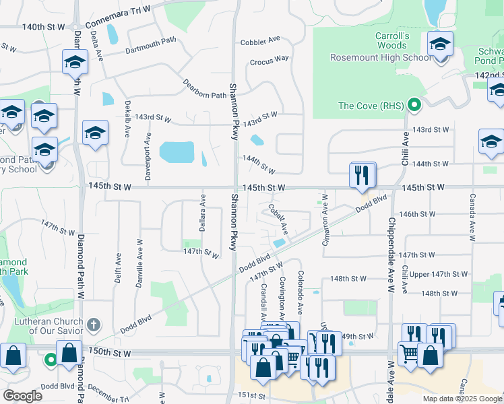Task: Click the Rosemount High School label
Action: [380, 57]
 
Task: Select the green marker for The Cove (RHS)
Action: [415, 105]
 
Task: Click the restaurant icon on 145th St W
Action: [362, 176]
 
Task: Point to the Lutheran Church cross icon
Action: [94, 325]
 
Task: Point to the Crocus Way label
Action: [269, 60]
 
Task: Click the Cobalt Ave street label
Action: [278, 219]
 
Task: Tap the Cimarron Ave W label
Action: [325, 220]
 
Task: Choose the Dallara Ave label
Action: [201, 210]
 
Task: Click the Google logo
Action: [23, 396]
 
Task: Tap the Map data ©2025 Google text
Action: [461, 399]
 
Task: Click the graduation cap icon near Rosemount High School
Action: [440, 45]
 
